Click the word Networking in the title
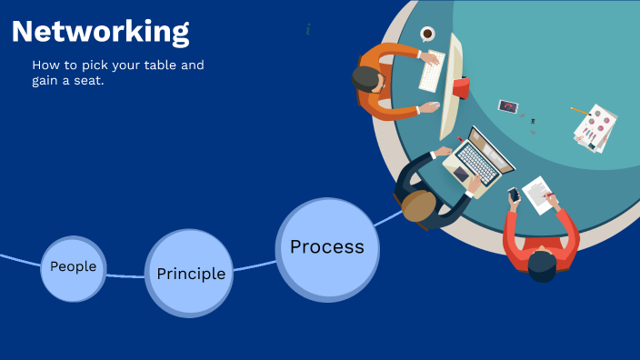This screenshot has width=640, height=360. click(101, 32)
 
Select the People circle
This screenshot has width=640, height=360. click(74, 268)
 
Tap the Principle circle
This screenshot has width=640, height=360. click(190, 273)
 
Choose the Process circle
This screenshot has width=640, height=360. click(327, 247)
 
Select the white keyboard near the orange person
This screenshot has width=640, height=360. click(432, 71)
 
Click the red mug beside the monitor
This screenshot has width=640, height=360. click(461, 87)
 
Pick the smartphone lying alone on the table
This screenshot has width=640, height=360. click(507, 106)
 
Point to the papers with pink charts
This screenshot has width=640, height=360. click(596, 127)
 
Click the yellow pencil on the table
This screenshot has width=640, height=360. click(579, 110)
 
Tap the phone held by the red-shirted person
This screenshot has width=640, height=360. click(514, 194)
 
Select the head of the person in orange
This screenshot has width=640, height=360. click(367, 79)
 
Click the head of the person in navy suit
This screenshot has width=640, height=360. click(418, 205)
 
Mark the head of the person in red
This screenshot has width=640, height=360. click(543, 265)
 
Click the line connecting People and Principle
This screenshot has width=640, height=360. click(125, 275)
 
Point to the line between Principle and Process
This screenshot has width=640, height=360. click(255, 265)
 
